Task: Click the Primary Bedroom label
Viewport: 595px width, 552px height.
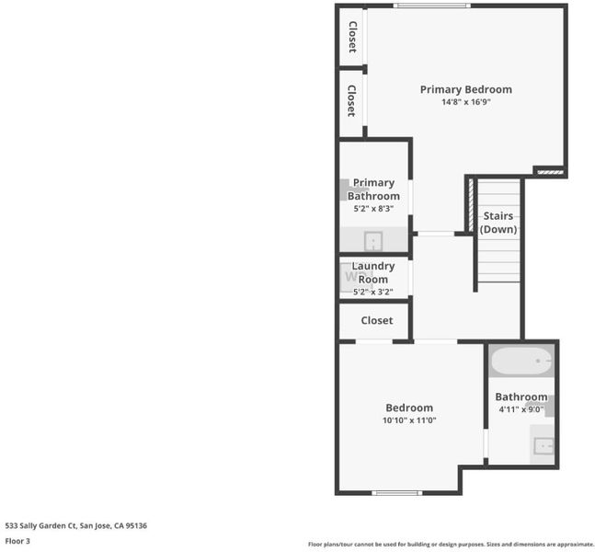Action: (x=466, y=89)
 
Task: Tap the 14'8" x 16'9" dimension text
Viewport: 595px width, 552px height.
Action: (x=466, y=102)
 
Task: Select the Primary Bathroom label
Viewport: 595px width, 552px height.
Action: (x=373, y=190)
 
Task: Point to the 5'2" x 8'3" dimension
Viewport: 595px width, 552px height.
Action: (x=373, y=209)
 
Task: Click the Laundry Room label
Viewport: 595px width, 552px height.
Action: (x=373, y=272)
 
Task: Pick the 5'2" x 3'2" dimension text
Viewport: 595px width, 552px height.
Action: (x=373, y=292)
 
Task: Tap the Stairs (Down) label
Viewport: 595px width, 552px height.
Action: (x=498, y=223)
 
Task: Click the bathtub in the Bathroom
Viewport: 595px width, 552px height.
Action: (x=521, y=361)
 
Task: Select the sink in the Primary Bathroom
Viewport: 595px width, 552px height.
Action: (x=373, y=241)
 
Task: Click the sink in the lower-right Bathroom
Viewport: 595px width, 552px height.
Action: (x=544, y=446)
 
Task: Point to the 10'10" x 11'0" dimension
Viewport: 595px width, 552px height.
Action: (x=409, y=420)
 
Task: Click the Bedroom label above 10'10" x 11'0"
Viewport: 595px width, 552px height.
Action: (x=409, y=408)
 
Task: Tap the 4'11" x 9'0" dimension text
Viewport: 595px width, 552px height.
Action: (x=521, y=409)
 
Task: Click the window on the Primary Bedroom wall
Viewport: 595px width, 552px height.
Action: (x=432, y=6)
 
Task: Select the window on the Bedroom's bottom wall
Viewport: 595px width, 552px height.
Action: (x=397, y=493)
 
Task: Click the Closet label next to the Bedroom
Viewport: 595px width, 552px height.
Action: (x=377, y=320)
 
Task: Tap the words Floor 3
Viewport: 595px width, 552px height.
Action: (x=17, y=541)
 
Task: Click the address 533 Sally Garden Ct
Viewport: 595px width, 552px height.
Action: (x=40, y=526)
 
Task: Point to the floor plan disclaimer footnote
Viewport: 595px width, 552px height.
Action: (x=451, y=545)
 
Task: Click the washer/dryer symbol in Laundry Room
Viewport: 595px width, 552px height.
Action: (x=351, y=277)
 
